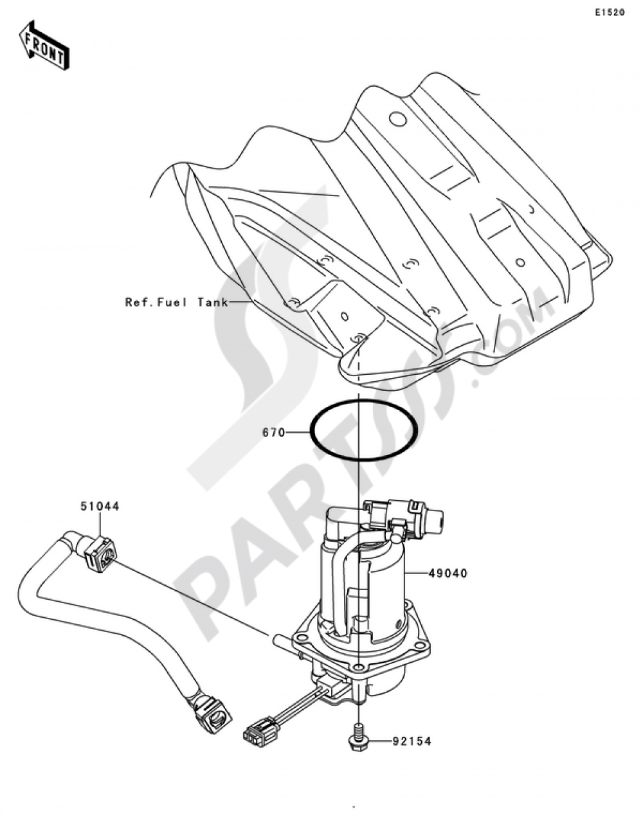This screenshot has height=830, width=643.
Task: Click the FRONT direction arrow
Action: pyautogui.click(x=44, y=46)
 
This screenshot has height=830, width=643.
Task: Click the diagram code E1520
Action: pyautogui.click(x=609, y=13)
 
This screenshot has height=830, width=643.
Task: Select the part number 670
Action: pyautogui.click(x=273, y=433)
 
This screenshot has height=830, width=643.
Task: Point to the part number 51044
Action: pyautogui.click(x=100, y=507)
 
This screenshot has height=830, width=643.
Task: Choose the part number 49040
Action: pyautogui.click(x=448, y=584)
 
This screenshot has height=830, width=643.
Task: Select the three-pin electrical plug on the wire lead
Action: pyautogui.click(x=260, y=730)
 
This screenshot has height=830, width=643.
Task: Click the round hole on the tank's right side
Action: pyautogui.click(x=520, y=262)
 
